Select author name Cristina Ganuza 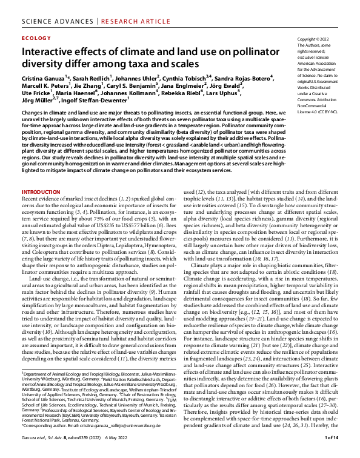(x=43, y=78)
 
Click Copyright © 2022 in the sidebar (x=315, y=39)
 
